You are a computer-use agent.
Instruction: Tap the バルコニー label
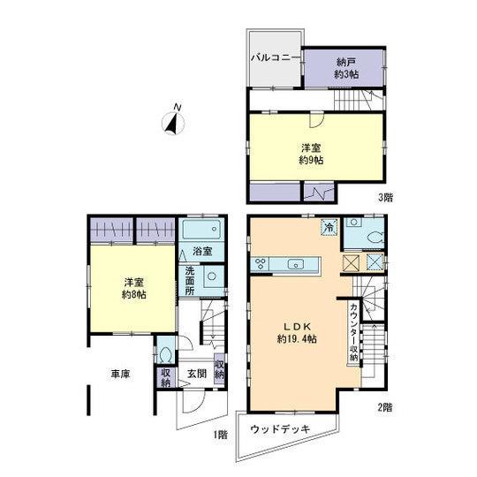275,58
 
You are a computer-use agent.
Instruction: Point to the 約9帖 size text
311,161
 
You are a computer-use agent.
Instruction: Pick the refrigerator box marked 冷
328,226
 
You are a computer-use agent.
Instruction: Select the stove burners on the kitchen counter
262,263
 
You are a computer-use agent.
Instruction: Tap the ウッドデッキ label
278,428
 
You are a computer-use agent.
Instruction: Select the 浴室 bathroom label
202,252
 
